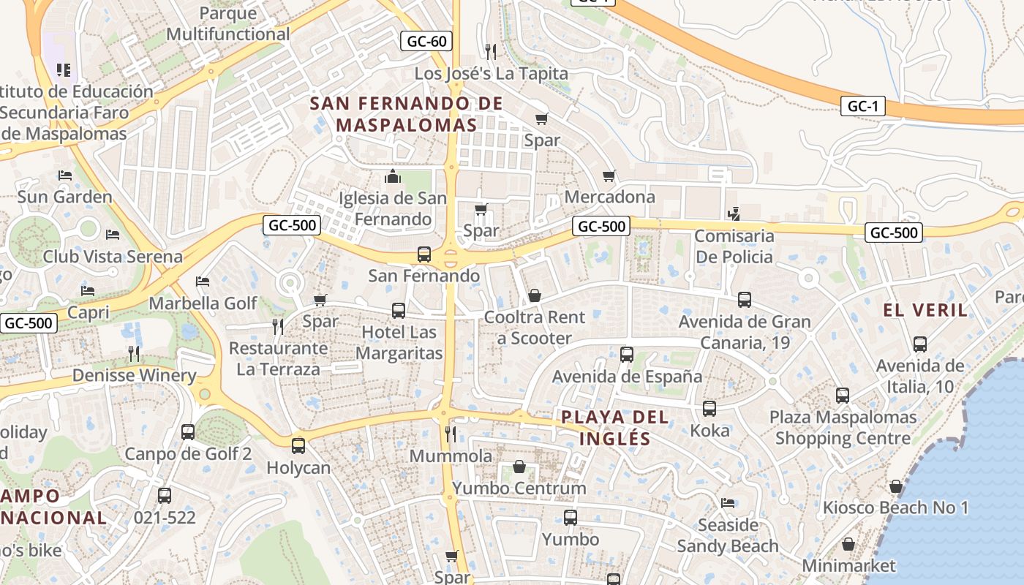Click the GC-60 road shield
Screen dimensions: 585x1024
pyautogui.click(x=426, y=41)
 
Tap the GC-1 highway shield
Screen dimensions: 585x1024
pyautogui.click(x=862, y=106)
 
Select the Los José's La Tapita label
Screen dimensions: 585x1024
pyautogui.click(x=491, y=73)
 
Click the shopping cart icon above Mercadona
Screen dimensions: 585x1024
pyautogui.click(x=609, y=176)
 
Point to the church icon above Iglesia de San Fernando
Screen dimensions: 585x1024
pyautogui.click(x=393, y=177)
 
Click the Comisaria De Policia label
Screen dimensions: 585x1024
pyautogui.click(x=734, y=246)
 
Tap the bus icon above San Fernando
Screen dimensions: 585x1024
pyautogui.click(x=423, y=254)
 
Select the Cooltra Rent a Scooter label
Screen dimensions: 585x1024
pyautogui.click(x=535, y=328)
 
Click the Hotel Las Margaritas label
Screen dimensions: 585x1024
pyautogui.click(x=399, y=342)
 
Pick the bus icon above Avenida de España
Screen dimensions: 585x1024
pyautogui.click(x=627, y=355)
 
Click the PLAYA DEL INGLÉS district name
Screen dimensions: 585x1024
pyautogui.click(x=614, y=428)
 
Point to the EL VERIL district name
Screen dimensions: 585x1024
pyautogui.click(x=925, y=310)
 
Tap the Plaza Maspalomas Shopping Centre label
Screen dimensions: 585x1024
pyautogui.click(x=843, y=428)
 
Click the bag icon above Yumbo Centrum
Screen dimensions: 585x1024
pyautogui.click(x=519, y=467)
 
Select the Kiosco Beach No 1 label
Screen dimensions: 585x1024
pyautogui.click(x=895, y=507)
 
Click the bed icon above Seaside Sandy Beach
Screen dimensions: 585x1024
pyautogui.click(x=728, y=503)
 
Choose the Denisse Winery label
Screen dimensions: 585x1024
pyautogui.click(x=134, y=376)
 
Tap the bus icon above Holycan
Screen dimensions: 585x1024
pyautogui.click(x=298, y=445)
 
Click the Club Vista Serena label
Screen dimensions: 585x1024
pyautogui.click(x=113, y=257)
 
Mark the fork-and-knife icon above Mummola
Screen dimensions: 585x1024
pyautogui.click(x=451, y=434)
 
